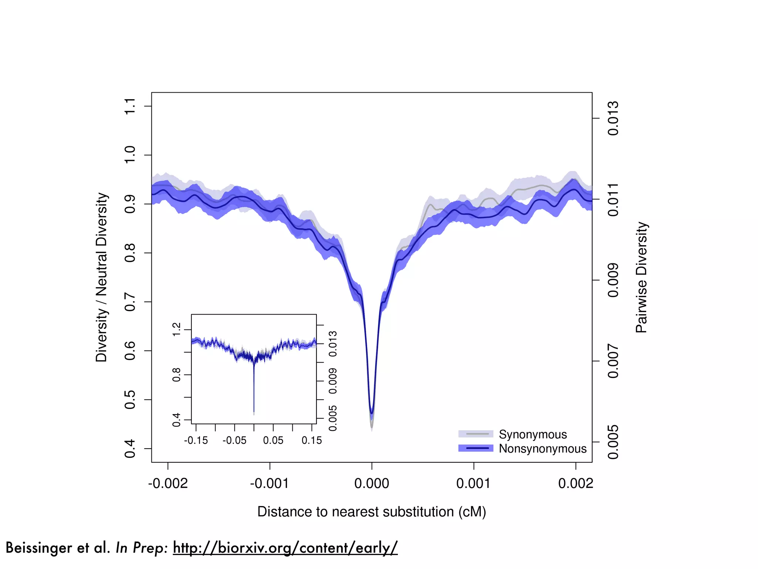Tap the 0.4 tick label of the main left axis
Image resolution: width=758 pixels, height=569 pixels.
(x=130, y=449)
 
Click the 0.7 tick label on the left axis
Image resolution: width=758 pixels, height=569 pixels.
(x=130, y=302)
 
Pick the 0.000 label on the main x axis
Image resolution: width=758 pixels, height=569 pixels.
(x=372, y=483)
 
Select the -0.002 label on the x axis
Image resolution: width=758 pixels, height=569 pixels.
(x=168, y=483)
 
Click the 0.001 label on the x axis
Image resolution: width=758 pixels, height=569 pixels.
(x=473, y=483)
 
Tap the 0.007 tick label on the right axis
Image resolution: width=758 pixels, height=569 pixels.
(x=613, y=361)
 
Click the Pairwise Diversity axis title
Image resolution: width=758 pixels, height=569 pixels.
(x=641, y=277)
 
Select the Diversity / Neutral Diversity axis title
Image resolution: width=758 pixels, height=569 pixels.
(x=101, y=277)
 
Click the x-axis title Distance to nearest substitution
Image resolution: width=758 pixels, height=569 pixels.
(x=372, y=512)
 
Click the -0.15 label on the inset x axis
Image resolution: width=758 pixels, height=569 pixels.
(x=196, y=440)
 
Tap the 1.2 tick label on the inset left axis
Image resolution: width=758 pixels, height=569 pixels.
(x=177, y=329)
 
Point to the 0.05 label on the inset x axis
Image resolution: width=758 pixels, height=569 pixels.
(x=273, y=440)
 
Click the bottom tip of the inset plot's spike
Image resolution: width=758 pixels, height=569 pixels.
(x=254, y=413)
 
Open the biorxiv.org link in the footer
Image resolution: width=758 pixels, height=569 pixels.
(x=285, y=548)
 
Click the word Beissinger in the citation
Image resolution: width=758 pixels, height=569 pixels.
(x=38, y=548)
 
